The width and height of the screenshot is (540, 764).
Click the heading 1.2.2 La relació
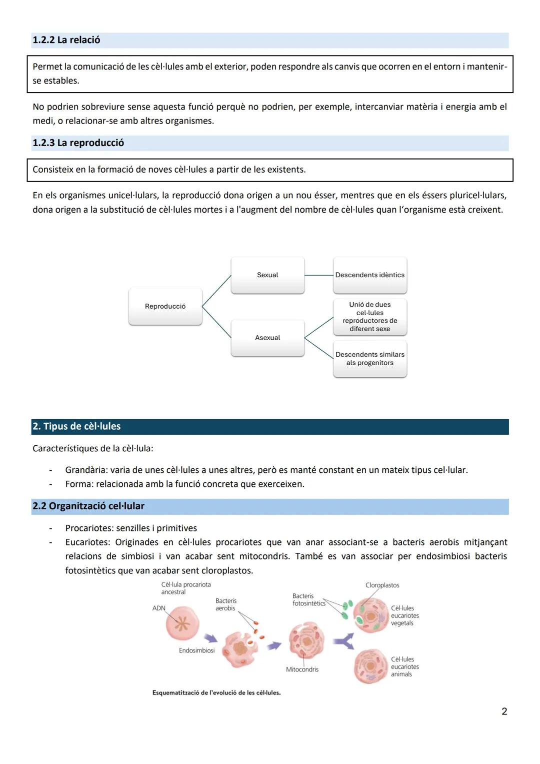pyautogui.click(x=66, y=40)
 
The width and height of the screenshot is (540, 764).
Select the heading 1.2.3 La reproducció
pyautogui.click(x=78, y=143)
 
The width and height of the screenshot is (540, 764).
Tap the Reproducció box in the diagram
pyautogui.click(x=165, y=306)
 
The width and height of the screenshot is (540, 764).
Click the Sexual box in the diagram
pyautogui.click(x=267, y=275)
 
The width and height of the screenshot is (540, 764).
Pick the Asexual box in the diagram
pyautogui.click(x=267, y=338)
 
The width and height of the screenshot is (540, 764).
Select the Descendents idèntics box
pyautogui.click(x=370, y=275)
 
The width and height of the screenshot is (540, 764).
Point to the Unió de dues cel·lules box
pyautogui.click(x=370, y=317)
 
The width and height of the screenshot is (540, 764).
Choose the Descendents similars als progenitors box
pyautogui.click(x=370, y=359)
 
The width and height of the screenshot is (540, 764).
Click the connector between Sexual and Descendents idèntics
pyautogui.click(x=318, y=275)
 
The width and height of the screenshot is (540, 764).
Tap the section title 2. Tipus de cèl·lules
pyautogui.click(x=77, y=426)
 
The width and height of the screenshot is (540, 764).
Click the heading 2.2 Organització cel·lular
pyautogui.click(x=88, y=506)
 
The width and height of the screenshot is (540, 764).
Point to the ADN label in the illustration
pyautogui.click(x=158, y=608)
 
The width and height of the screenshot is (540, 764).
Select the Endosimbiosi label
pyautogui.click(x=196, y=650)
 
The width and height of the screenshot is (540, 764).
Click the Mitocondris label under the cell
pyautogui.click(x=302, y=669)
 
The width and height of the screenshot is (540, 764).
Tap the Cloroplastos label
pyautogui.click(x=382, y=585)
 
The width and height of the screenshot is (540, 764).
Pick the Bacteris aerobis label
pyautogui.click(x=226, y=604)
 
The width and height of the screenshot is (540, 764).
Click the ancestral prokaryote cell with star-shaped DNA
pyautogui.click(x=182, y=624)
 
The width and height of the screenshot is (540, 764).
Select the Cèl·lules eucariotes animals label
pyautogui.click(x=404, y=667)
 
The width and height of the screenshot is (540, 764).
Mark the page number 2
pyautogui.click(x=504, y=711)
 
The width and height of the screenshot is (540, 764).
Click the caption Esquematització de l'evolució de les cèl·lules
pyautogui.click(x=216, y=693)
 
